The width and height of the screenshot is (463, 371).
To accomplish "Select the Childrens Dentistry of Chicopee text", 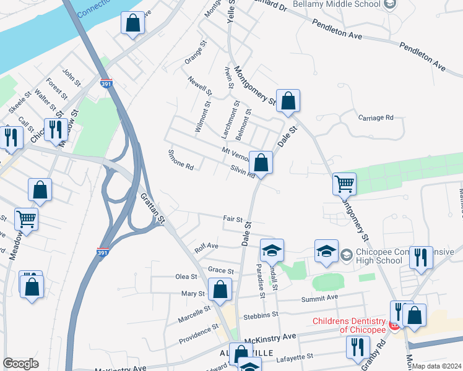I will [x=348, y=325].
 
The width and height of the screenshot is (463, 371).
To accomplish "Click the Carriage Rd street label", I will [x=376, y=117].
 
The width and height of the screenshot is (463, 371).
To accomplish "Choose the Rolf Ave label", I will [x=206, y=245].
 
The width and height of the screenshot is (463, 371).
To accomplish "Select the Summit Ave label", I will [x=319, y=297].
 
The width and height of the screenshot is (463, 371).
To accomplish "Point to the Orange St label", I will [x=194, y=53].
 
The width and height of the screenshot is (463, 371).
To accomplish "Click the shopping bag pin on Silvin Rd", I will [x=261, y=163].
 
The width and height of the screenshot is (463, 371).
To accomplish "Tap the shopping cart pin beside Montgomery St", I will [x=344, y=184].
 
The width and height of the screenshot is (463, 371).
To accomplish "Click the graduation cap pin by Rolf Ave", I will [x=272, y=250].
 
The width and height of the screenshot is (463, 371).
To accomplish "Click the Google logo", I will [x=20, y=364].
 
